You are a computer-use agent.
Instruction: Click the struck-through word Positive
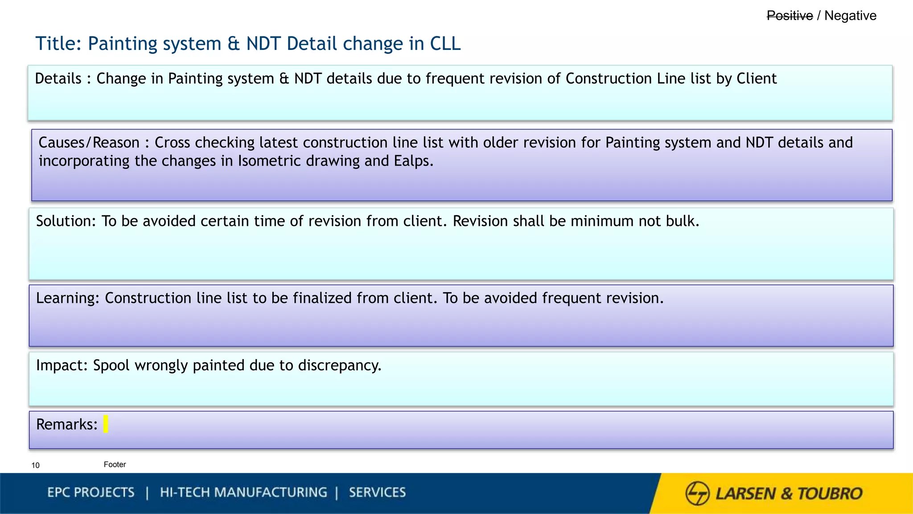(790, 16)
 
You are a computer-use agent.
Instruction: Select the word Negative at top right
(850, 16)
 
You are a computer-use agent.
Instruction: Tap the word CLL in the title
(445, 44)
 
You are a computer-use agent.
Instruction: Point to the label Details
(58, 79)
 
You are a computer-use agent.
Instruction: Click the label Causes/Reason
(89, 143)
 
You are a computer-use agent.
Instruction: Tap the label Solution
(66, 221)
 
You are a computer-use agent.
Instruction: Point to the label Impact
(62, 365)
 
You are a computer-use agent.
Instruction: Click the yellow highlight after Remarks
(106, 424)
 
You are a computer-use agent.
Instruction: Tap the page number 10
(36, 465)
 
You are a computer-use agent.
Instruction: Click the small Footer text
(115, 464)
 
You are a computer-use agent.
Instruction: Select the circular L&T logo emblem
(697, 493)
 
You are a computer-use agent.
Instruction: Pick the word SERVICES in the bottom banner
(377, 493)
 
